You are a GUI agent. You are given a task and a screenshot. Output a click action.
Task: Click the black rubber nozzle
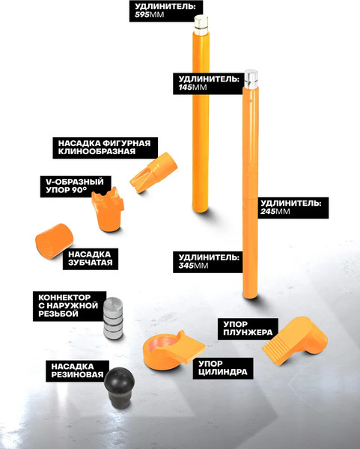[x=119, y=386]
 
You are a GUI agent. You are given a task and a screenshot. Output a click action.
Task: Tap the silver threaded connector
[x=113, y=318]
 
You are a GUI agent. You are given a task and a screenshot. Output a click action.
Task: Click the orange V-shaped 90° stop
[x=108, y=209]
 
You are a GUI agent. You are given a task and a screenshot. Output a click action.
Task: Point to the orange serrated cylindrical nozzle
[x=54, y=241]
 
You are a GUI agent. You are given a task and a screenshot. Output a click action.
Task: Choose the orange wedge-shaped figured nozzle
[x=153, y=172]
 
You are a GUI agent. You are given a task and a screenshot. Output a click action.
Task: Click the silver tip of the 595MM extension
[x=201, y=25]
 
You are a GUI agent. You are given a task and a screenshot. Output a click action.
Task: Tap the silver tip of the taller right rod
[x=251, y=79]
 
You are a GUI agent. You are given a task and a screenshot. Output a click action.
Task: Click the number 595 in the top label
[x=141, y=15]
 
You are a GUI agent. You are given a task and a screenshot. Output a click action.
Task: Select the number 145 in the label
[x=185, y=87]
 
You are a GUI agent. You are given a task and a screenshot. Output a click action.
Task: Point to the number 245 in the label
[x=268, y=211]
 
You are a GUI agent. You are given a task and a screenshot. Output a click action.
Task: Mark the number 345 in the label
[x=186, y=266]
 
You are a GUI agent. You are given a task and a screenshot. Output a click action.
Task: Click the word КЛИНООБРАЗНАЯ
[x=97, y=151]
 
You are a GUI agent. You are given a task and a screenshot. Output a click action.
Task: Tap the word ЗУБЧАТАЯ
[x=91, y=263]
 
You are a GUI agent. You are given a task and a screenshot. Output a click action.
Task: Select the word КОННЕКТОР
[x=64, y=297]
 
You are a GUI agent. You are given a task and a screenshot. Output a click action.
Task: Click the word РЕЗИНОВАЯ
[x=77, y=375]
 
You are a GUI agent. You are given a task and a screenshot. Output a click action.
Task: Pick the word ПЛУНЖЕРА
[x=248, y=332]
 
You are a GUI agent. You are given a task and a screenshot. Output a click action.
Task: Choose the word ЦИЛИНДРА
[x=223, y=372]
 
